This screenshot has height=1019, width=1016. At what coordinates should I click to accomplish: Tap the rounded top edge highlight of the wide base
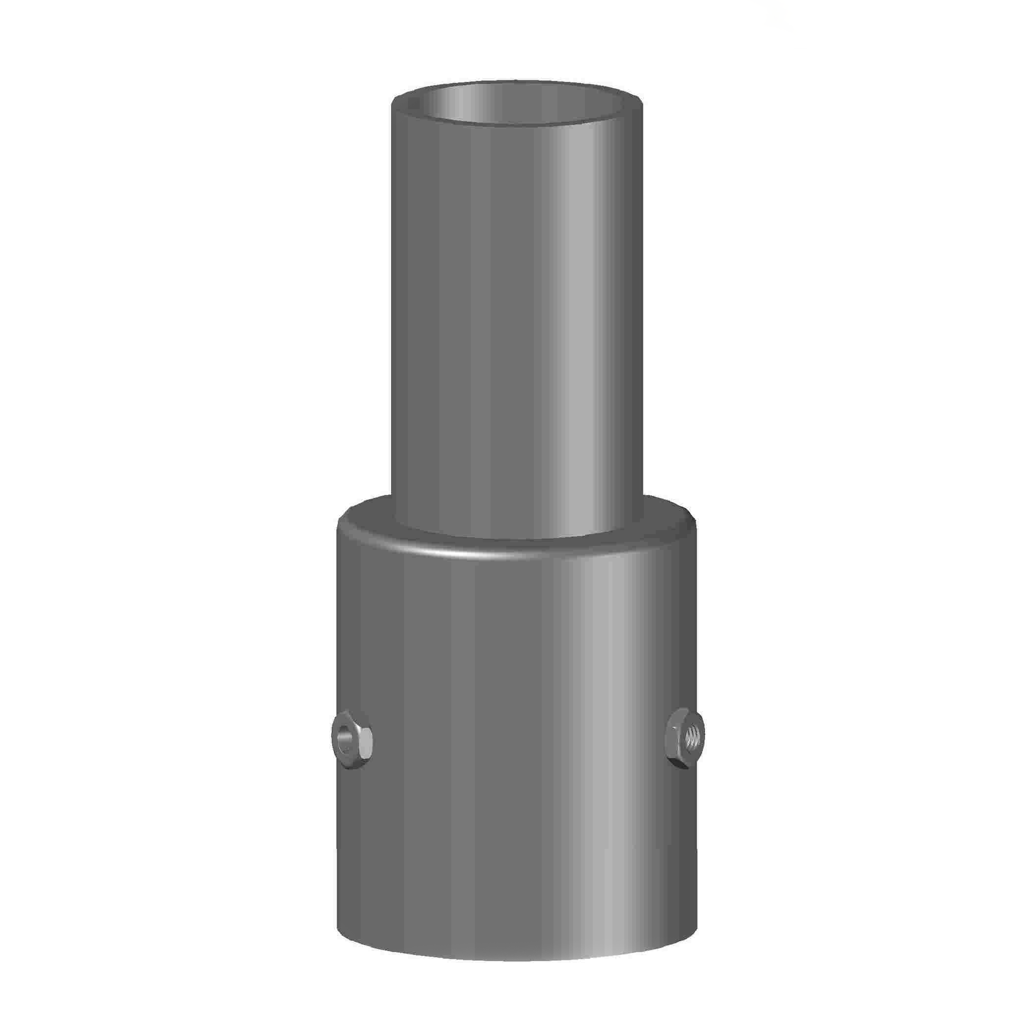[x=459, y=554]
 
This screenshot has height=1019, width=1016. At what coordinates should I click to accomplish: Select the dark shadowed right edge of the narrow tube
[x=636, y=316]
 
